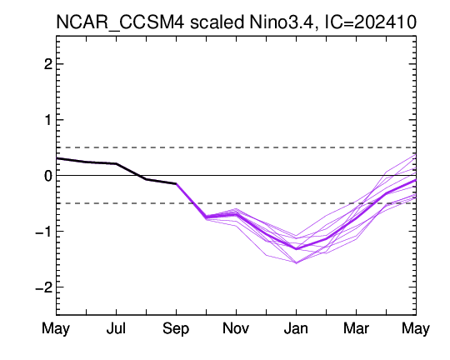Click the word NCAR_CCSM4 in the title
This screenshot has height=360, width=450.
click(120, 22)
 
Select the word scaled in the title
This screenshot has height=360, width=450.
click(217, 22)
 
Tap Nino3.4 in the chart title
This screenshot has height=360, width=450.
click(284, 22)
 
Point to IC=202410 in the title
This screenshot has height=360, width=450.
click(370, 22)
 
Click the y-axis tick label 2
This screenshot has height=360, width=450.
click(48, 64)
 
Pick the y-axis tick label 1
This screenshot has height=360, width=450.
click(48, 120)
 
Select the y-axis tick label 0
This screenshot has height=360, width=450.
click(48, 175)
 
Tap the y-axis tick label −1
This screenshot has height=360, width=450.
click(44, 232)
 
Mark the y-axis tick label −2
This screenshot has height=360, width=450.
click(44, 287)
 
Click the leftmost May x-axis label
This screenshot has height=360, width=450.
click(56, 329)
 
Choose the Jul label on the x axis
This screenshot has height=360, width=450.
click(116, 328)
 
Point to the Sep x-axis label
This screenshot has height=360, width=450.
click(176, 329)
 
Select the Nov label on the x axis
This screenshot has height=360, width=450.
click(236, 328)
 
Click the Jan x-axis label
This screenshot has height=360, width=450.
click(296, 328)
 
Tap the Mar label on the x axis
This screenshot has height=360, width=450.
click(356, 328)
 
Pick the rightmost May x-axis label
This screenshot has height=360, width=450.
click(416, 329)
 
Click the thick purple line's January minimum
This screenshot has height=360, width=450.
click(296, 249)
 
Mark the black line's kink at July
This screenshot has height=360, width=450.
click(116, 163)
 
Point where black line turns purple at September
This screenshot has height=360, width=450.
click(176, 183)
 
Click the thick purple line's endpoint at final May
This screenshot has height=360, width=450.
click(416, 180)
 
